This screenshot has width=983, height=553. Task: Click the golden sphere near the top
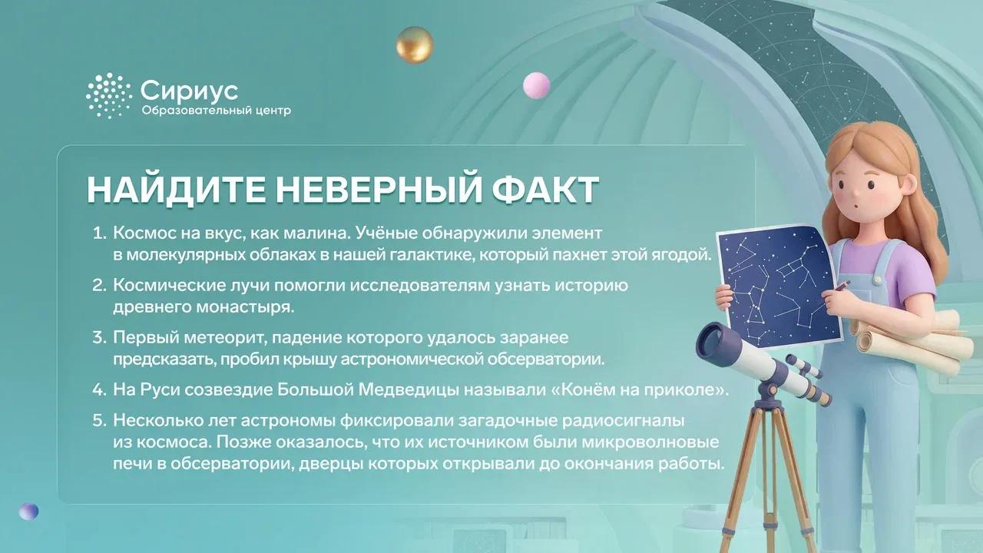point(415,45)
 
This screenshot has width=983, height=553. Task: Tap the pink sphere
point(536,85)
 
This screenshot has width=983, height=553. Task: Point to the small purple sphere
point(28,512)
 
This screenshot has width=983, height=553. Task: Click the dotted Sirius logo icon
point(108,96)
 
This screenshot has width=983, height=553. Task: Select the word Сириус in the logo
point(189,91)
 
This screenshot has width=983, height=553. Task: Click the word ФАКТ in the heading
point(545,190)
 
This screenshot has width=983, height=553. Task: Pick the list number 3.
point(99,337)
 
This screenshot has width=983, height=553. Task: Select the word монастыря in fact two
point(245,307)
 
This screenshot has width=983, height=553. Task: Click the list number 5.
point(99,420)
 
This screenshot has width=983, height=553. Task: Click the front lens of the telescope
point(711,342)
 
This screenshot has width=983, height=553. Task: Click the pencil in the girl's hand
point(842,286)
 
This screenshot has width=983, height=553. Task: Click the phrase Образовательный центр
point(216,110)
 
